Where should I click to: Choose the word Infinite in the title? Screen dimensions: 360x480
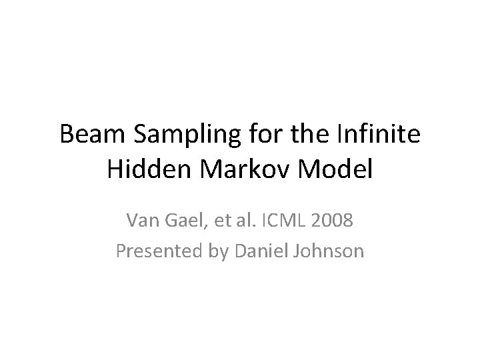374,137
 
